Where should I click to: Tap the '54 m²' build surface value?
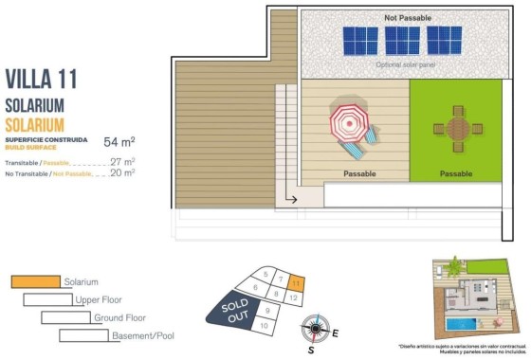tap(119, 142)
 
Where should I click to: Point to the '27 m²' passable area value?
tap(122, 162)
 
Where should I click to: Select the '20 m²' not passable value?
tap(122, 173)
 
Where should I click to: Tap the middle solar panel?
tap(402, 41)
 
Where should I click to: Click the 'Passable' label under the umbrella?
tap(358, 173)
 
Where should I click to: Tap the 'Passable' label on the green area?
tap(456, 173)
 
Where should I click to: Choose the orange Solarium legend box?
tap(35, 281)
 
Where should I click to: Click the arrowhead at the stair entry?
tap(294, 200)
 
